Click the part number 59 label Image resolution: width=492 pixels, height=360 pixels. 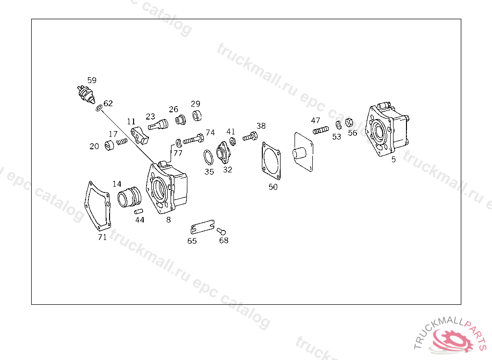(x=91, y=80)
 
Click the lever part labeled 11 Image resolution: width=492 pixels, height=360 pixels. (x=141, y=135)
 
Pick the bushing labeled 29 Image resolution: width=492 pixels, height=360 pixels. (x=197, y=116)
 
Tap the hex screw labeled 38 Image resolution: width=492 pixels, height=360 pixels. (x=250, y=137)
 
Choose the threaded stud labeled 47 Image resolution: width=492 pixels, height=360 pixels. (x=320, y=130)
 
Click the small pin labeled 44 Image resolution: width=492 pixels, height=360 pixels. (x=139, y=211)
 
